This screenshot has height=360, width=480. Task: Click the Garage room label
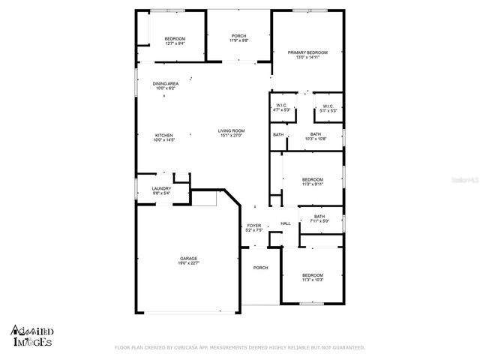tap(188, 258)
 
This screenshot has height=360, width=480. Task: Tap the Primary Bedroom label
tap(307, 52)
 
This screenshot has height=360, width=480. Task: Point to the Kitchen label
tap(163, 136)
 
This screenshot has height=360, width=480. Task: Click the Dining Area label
tap(165, 83)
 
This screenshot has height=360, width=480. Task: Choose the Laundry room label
tap(161, 188)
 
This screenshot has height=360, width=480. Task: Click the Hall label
tap(286, 223)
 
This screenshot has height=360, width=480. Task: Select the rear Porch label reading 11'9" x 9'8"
tap(238, 36)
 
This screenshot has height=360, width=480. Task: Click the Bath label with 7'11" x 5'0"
tap(319, 217)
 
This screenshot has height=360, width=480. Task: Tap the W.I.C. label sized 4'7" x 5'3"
tap(282, 106)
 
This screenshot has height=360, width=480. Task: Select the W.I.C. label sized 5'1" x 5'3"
tap(328, 106)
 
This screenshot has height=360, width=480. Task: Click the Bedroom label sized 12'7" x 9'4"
tap(175, 39)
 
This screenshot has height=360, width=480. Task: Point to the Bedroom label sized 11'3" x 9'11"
tap(312, 178)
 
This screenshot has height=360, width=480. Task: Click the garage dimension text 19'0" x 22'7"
tap(188, 262)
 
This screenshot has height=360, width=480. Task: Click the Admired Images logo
tap(32, 335)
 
